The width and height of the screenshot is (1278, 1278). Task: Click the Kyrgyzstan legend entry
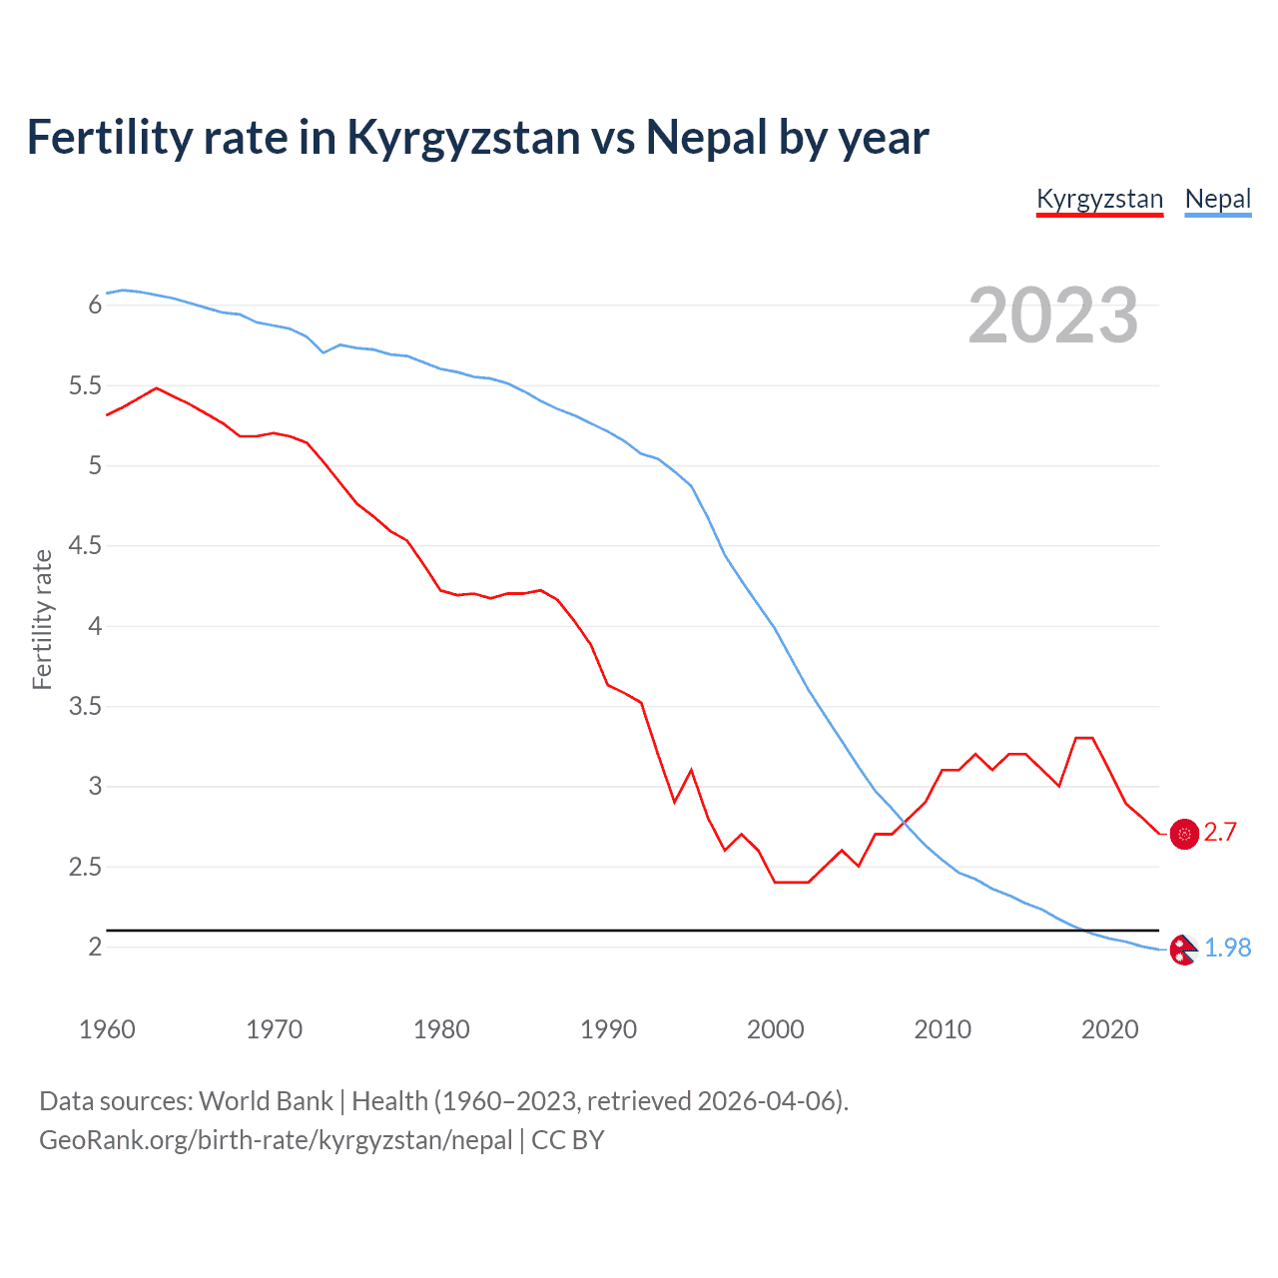1099,199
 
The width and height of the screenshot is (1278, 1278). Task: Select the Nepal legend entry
1217,199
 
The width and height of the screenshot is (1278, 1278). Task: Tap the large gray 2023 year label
1052,316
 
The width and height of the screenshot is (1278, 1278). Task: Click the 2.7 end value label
1220,832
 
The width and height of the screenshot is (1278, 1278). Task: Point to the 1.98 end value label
1227,948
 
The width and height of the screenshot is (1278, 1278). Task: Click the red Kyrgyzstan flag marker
1184,833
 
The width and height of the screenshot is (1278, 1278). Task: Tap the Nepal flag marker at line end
1183,949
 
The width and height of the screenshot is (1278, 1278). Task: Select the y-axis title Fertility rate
42,619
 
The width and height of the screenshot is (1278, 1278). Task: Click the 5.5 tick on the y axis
85,385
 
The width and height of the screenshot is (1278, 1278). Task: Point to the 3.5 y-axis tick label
85,706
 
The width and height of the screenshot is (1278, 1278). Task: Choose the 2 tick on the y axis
95,947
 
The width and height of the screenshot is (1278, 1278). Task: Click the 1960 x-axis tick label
107,1029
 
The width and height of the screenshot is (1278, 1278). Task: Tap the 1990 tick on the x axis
608,1029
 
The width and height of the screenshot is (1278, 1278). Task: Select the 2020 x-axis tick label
1109,1029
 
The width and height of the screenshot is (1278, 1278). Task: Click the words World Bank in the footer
266,1100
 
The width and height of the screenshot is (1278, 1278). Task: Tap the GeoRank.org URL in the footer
276,1139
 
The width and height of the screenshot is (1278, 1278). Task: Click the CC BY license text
568,1139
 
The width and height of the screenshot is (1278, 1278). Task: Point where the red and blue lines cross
905,822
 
